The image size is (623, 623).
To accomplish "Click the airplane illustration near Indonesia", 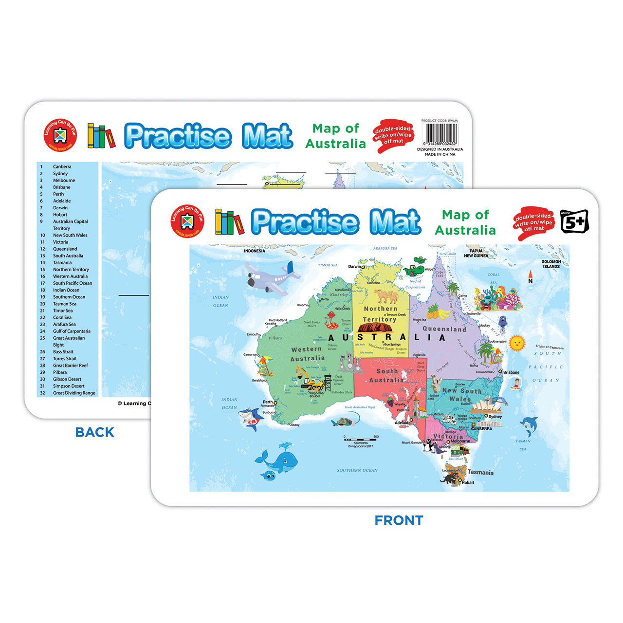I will [x=272, y=278].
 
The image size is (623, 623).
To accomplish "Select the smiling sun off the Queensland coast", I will [x=516, y=343].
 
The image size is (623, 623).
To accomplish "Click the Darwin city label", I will [x=355, y=267].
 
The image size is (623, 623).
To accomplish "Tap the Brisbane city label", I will [x=511, y=372].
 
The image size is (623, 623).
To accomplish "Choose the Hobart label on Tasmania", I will [x=468, y=482].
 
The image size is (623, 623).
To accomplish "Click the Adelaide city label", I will [x=403, y=422].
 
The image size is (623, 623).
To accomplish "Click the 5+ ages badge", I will [x=574, y=222].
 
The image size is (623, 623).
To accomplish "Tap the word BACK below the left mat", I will [x=95, y=432].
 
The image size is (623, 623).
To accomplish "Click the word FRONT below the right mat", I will [x=399, y=520].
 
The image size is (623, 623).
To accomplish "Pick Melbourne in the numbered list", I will [x=64, y=180].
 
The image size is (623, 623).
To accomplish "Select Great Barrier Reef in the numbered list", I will [x=71, y=366].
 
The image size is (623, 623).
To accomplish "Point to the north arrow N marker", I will [x=531, y=278].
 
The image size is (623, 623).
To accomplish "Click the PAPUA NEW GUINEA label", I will [x=476, y=253].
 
